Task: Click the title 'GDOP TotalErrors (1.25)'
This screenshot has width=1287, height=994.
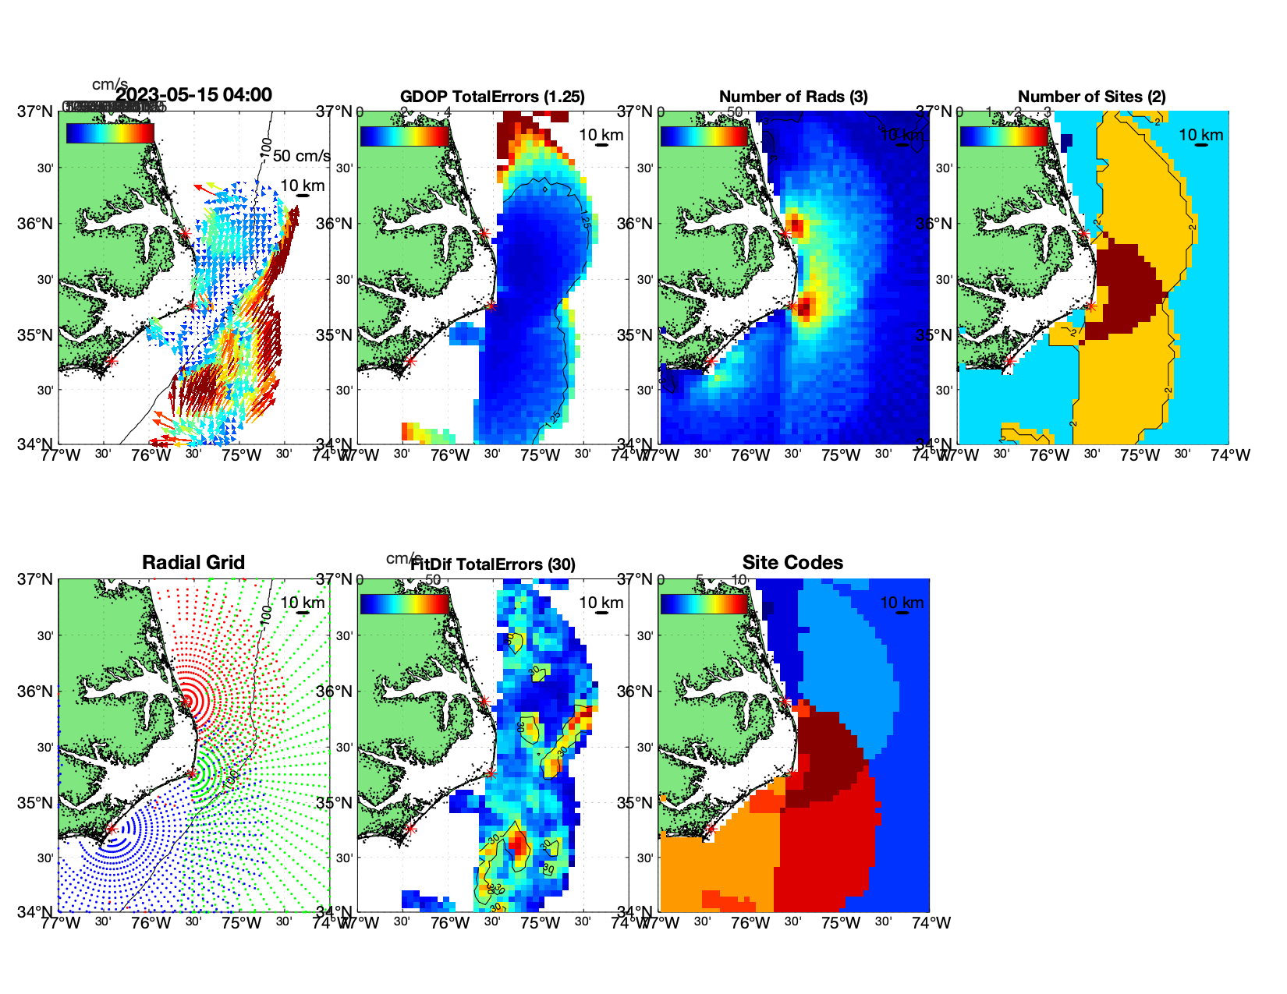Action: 492,97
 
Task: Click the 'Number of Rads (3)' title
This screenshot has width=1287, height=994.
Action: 793,97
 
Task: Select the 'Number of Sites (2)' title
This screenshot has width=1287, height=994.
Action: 1091,97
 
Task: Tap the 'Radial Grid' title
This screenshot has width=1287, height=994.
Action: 193,563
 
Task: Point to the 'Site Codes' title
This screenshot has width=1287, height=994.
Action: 792,563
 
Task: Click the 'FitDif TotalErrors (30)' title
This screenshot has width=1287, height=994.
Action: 493,564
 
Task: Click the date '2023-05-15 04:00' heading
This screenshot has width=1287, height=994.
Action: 194,95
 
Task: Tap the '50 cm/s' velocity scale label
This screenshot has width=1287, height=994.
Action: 301,156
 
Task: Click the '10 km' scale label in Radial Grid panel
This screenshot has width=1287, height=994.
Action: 303,603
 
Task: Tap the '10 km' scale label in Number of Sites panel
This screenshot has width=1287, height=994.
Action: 1200,135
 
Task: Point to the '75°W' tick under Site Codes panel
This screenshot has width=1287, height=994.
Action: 841,923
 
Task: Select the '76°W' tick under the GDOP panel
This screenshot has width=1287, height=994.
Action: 451,455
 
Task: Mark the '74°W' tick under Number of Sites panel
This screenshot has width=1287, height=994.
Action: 1230,455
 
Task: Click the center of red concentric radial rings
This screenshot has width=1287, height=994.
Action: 187,701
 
